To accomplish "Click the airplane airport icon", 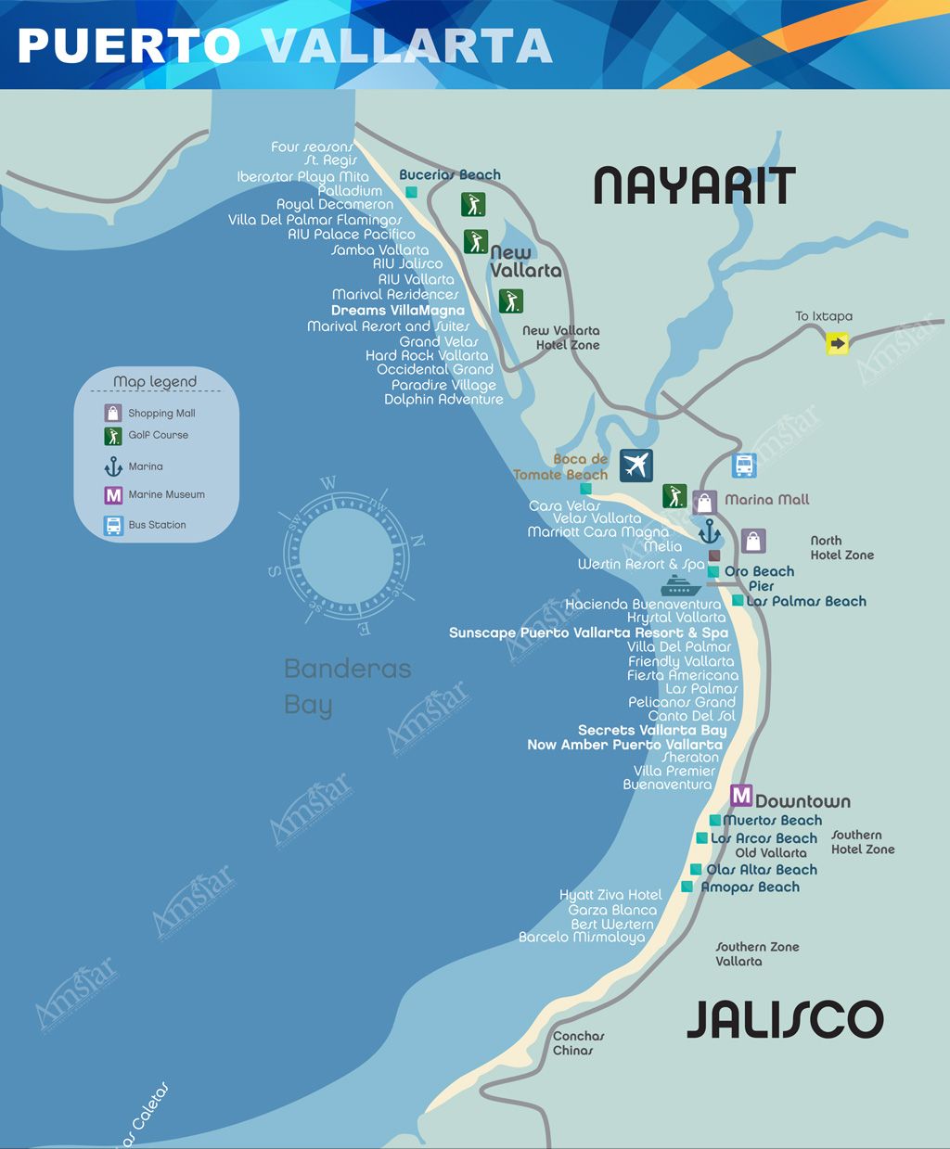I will [635, 466].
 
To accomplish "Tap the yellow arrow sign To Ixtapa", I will [838, 344].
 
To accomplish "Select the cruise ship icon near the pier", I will [681, 586].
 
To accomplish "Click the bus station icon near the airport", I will [743, 466].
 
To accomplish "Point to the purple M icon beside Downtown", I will [740, 796].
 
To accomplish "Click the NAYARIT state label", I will [694, 186].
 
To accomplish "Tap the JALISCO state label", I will [785, 1019].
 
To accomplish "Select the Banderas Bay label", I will [346, 686].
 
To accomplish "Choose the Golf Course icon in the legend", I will [113, 436].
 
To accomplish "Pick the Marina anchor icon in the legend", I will [113, 466].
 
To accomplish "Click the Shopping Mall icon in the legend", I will [113, 413].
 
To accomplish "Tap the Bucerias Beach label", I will [449, 174].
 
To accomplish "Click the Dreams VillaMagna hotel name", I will [397, 311].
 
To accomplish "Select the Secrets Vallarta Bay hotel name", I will [652, 730].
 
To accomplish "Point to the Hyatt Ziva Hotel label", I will [610, 895].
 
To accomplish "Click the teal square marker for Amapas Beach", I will [687, 887].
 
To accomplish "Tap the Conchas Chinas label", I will [578, 1043].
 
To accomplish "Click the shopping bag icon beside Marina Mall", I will [704, 502].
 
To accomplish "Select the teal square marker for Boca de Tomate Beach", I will [585, 489].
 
